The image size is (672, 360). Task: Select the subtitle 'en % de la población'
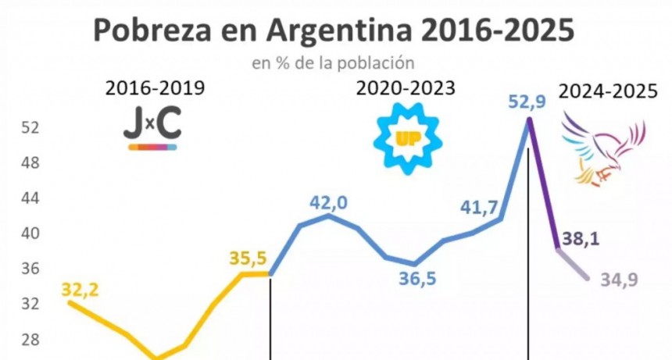click(332, 62)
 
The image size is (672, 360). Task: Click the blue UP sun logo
click(407, 138)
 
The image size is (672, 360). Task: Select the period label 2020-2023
click(406, 88)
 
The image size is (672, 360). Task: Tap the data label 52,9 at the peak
click(528, 102)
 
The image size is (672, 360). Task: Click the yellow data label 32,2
click(80, 289)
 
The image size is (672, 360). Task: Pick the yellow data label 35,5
click(248, 258)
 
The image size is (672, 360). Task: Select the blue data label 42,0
click(328, 202)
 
